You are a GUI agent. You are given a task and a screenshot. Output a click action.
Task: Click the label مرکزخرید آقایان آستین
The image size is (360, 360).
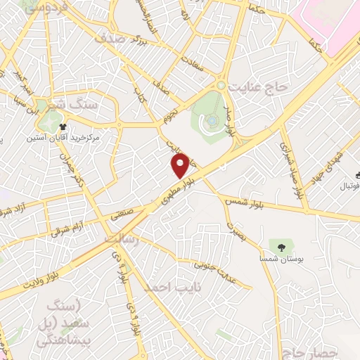click(71, 139)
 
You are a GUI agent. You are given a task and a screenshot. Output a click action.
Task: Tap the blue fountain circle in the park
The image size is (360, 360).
click(212, 121)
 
